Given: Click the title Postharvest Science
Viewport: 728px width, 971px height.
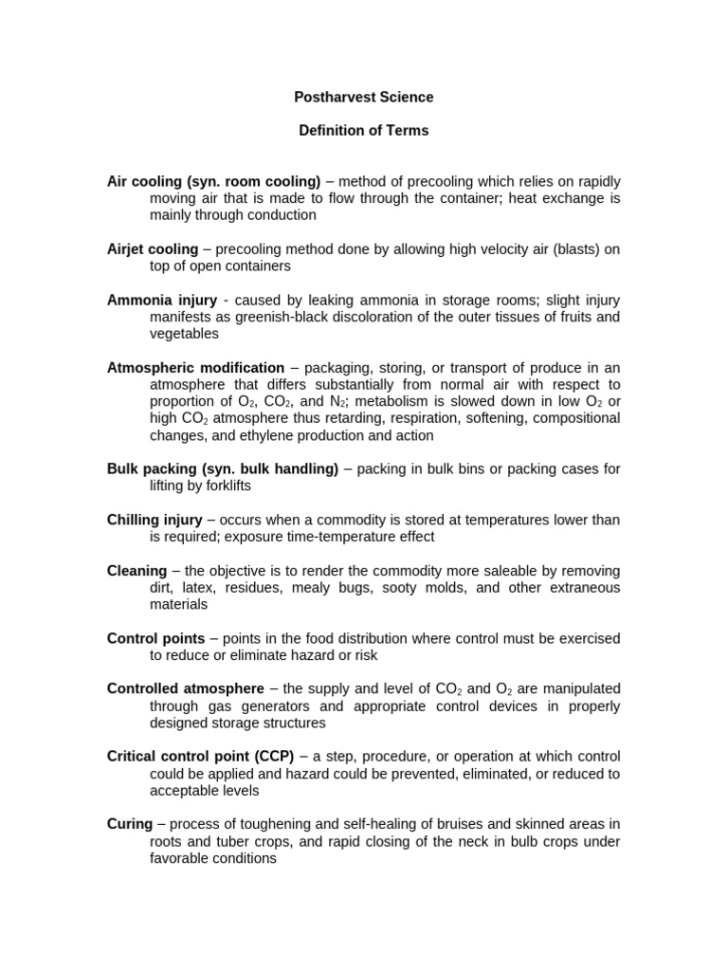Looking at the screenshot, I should tap(364, 97).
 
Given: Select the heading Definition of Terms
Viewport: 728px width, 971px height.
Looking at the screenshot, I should tap(364, 131).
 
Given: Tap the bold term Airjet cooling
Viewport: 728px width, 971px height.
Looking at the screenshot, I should tap(153, 249).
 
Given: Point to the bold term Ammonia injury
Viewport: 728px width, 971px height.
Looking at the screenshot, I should tap(162, 300).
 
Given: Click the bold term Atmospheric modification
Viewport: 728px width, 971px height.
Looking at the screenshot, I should tap(195, 368).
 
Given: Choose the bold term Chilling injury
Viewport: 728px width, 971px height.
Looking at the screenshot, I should tap(155, 520).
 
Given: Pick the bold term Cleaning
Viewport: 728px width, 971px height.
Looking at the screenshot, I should tap(136, 571).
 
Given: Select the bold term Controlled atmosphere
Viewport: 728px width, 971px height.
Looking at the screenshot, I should tap(186, 689).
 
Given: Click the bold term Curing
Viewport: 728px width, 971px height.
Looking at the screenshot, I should tap(130, 825).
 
